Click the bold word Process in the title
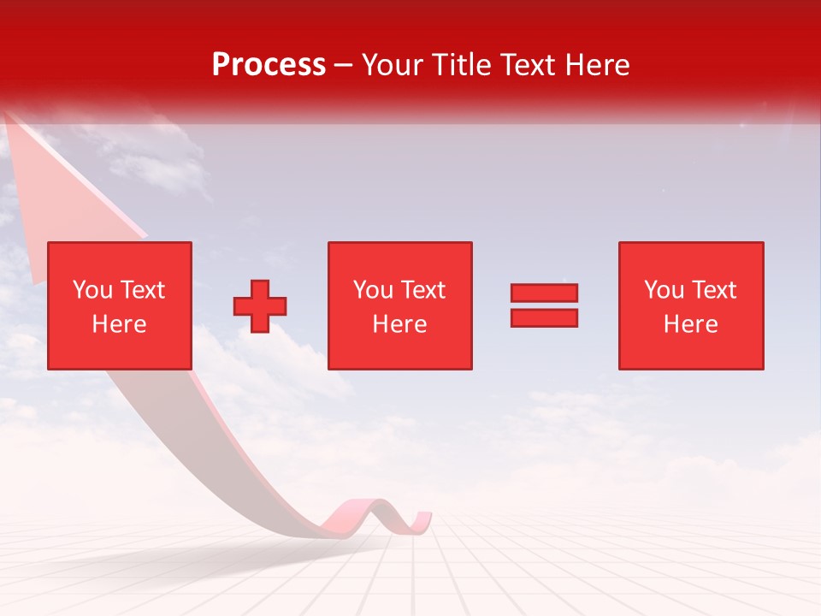pyautogui.click(x=269, y=65)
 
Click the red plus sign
pyautogui.click(x=260, y=306)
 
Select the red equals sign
pyautogui.click(x=544, y=305)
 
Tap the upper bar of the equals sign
pyautogui.click(x=544, y=293)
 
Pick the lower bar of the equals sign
pyautogui.click(x=544, y=317)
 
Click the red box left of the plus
pyautogui.click(x=119, y=305)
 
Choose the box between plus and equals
pyautogui.click(x=399, y=305)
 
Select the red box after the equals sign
pyautogui.click(x=690, y=305)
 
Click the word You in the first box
pyautogui.click(x=92, y=290)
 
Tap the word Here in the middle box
pyautogui.click(x=399, y=324)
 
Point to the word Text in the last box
pyautogui.click(x=714, y=290)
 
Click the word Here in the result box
pyautogui.click(x=690, y=324)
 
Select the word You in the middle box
pyautogui.click(x=372, y=290)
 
